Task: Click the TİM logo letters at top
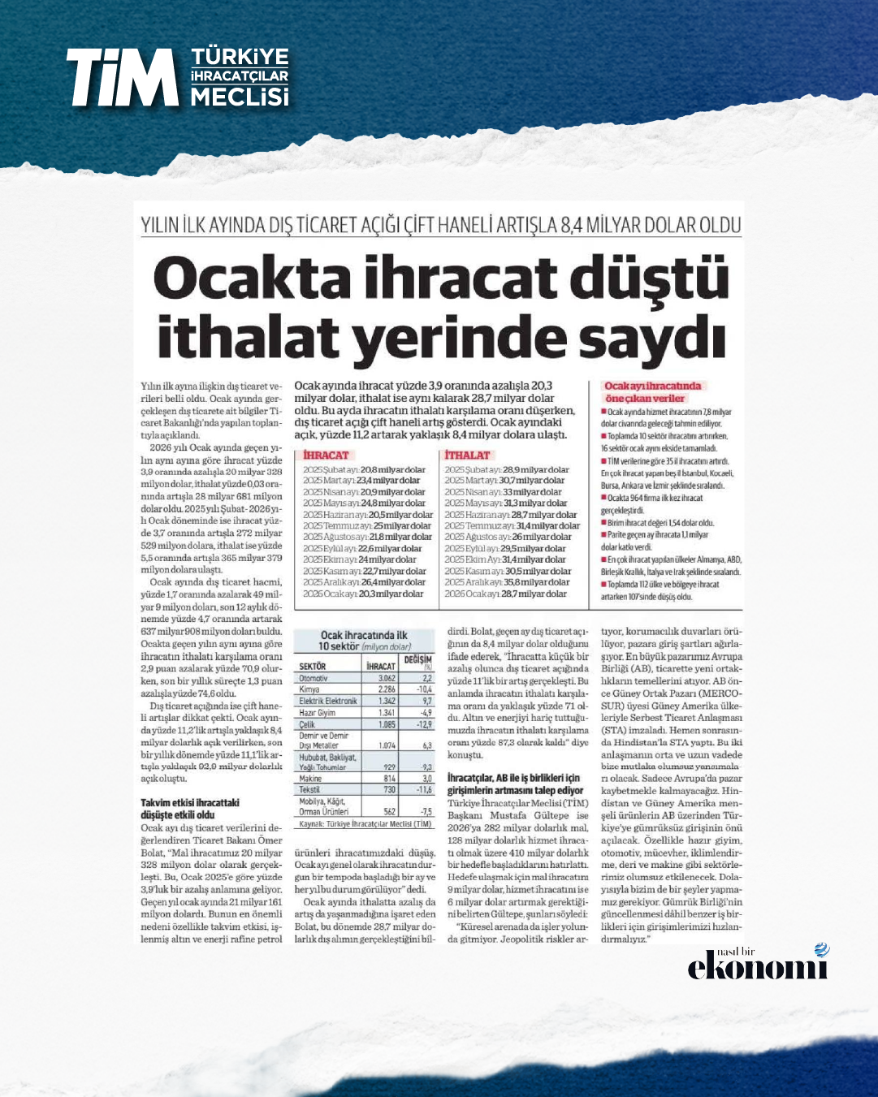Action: [x=122, y=77]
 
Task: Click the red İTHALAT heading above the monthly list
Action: [x=468, y=456]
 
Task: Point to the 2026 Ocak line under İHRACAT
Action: [x=363, y=594]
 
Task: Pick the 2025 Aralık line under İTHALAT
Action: [x=507, y=582]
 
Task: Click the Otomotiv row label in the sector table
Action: [x=314, y=678]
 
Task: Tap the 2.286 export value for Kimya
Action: [x=387, y=689]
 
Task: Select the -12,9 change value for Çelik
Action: [x=422, y=724]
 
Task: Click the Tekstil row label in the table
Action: [x=309, y=789]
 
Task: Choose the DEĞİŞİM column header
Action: [x=417, y=659]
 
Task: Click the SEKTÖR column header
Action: [x=313, y=666]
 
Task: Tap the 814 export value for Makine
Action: [x=389, y=779]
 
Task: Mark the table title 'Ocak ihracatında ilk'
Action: [x=364, y=635]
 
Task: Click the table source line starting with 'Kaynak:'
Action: [x=365, y=823]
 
